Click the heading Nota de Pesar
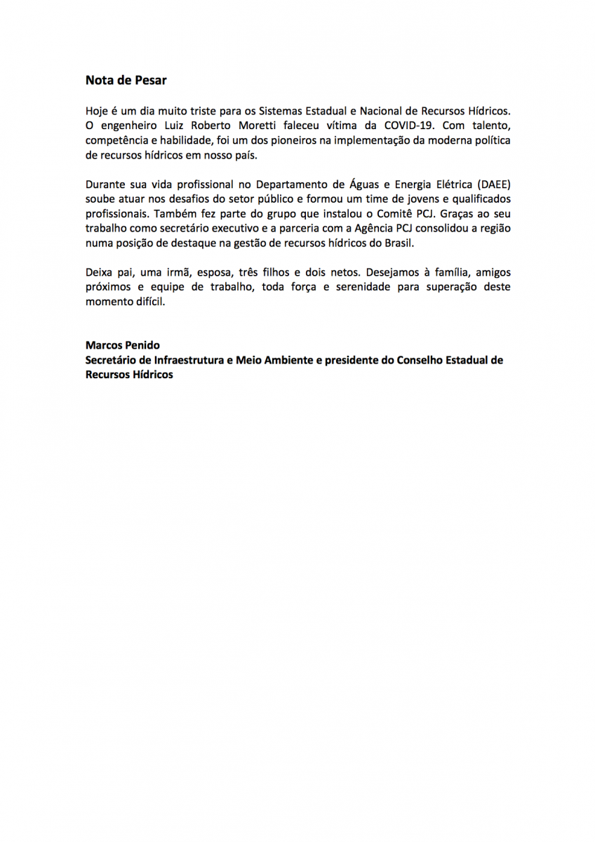click(126, 80)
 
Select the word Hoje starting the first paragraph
click(98, 111)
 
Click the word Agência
click(373, 229)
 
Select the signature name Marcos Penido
click(122, 345)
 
